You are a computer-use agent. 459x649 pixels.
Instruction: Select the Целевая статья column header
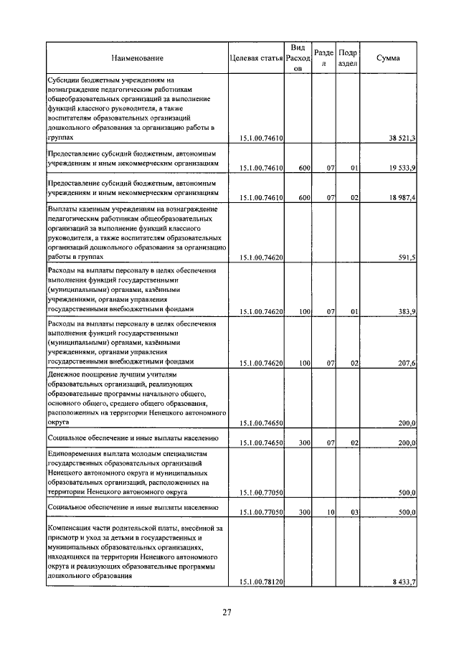pos(256,57)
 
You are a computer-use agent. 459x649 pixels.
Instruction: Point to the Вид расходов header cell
pos(298,57)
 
